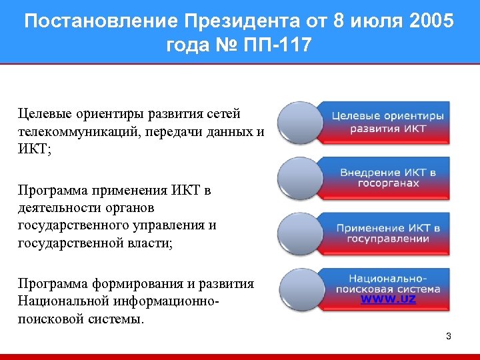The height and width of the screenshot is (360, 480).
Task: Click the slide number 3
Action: point(449,337)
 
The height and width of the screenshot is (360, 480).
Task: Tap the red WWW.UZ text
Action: point(388,299)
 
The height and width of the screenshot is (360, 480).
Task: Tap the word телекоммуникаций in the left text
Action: point(77,131)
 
